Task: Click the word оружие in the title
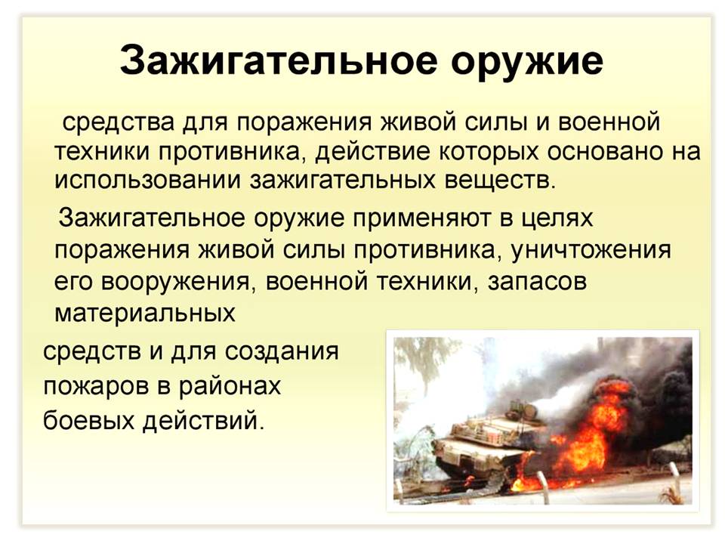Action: (526, 61)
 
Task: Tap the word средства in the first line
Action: (119, 122)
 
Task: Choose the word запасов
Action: (537, 281)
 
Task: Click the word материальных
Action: (145, 313)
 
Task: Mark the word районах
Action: (230, 386)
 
